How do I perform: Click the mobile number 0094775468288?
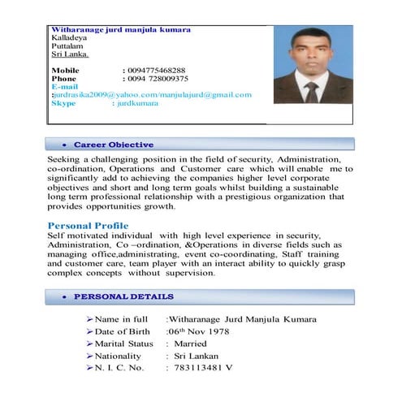[x=153, y=71]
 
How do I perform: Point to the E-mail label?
[x=64, y=86]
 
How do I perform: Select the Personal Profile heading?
[x=88, y=225]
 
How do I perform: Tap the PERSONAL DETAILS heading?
[x=123, y=296]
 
